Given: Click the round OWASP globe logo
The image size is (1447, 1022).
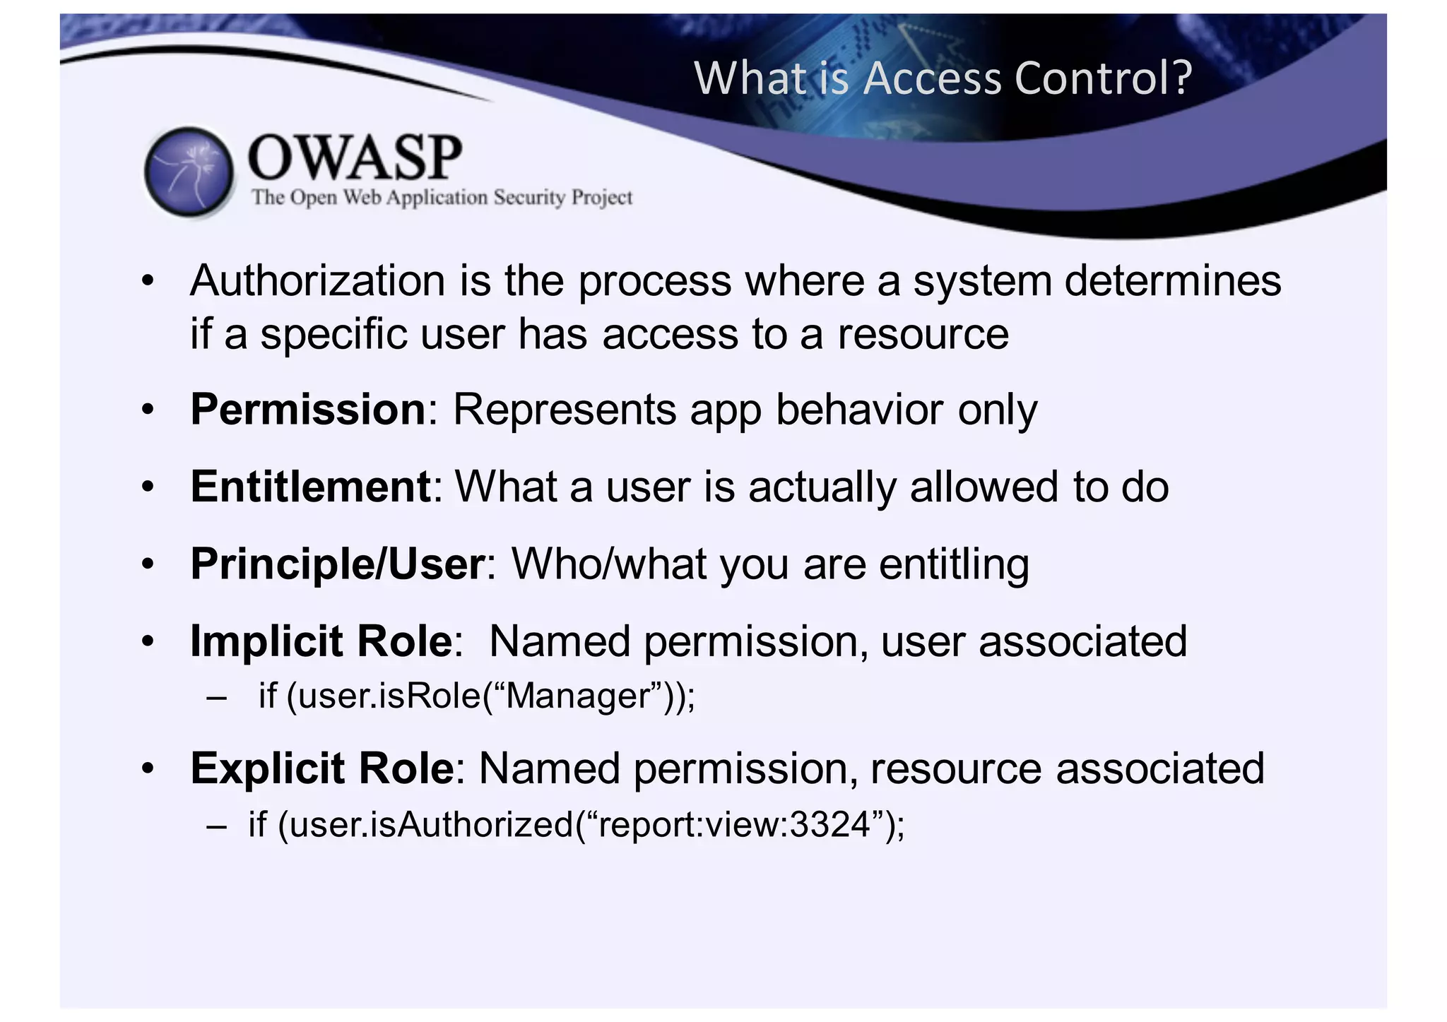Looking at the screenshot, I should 189,172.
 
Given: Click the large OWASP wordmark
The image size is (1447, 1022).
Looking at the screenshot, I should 355,158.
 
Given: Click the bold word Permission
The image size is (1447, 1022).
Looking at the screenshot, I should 308,410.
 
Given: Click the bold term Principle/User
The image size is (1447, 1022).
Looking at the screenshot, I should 338,564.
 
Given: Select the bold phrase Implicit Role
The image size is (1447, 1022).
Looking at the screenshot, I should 321,641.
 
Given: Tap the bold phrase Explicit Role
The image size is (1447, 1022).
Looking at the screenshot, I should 322,768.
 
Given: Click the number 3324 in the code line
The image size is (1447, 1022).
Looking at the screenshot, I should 829,824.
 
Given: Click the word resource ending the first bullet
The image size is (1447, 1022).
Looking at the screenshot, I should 923,334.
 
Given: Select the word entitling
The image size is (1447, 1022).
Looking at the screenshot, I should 954,564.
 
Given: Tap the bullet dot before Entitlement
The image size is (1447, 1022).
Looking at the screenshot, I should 147,487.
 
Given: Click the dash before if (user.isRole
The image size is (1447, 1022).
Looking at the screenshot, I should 217,698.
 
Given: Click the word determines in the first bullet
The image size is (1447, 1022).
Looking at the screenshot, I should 1173,281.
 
